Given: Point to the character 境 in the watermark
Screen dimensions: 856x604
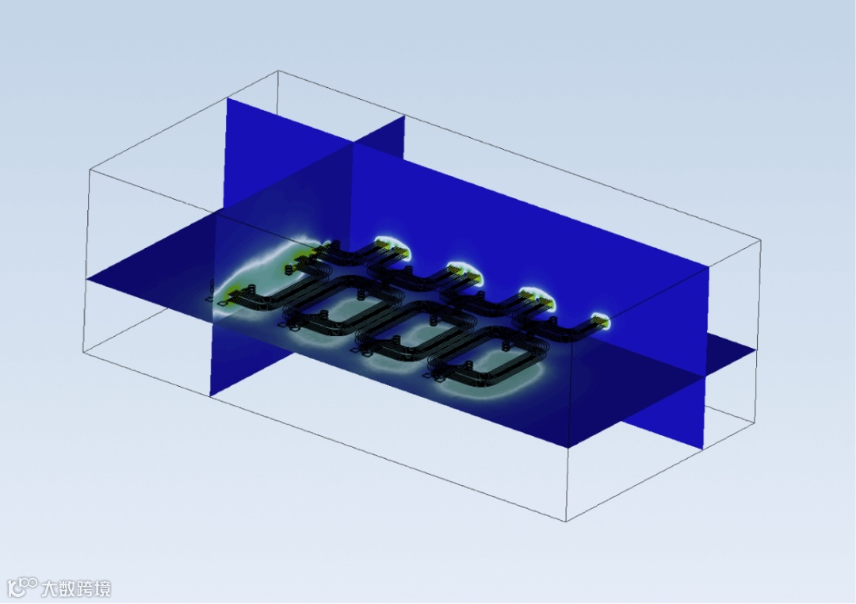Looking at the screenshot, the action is pos(101,589).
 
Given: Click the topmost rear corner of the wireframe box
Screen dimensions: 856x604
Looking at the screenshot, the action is pos(279,71).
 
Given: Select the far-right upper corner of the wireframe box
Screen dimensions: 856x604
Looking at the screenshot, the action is pos(760,239).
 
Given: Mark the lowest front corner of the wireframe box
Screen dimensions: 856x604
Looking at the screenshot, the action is pos(566,521).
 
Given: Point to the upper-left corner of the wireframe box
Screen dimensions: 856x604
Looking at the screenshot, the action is pos(90,170).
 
